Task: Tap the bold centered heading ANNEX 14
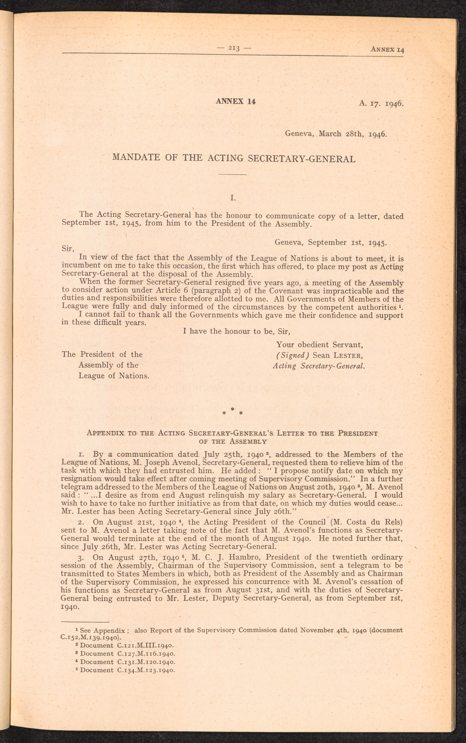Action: tap(236, 101)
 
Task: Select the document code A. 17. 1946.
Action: tap(381, 103)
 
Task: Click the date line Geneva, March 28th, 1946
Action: tap(336, 134)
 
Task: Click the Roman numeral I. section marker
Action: tap(233, 198)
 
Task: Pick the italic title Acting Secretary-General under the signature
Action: tap(319, 366)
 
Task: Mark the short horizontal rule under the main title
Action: tap(233, 175)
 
